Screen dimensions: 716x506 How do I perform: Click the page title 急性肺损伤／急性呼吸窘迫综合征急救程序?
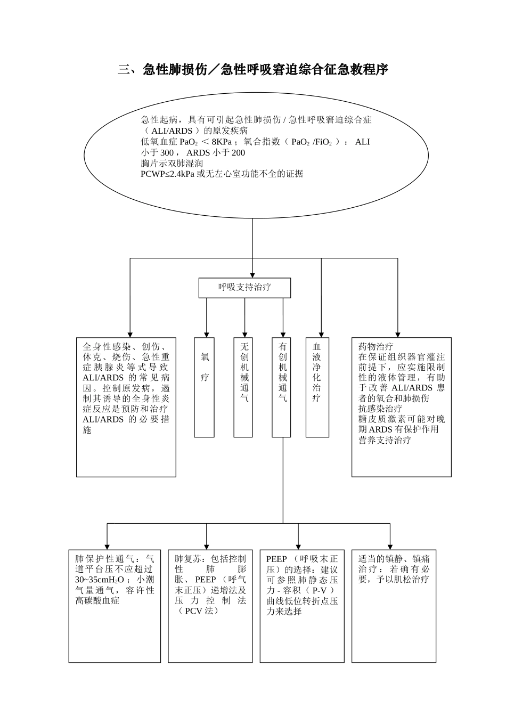coord(252,70)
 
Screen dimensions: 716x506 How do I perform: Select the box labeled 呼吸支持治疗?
coord(244,287)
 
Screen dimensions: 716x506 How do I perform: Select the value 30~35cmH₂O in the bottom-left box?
coord(100,580)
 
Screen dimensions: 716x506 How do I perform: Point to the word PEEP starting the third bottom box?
coord(276,559)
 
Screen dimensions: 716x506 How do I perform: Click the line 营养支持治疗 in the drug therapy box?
coord(384,440)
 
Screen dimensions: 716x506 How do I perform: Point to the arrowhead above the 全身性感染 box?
coord(129,333)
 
